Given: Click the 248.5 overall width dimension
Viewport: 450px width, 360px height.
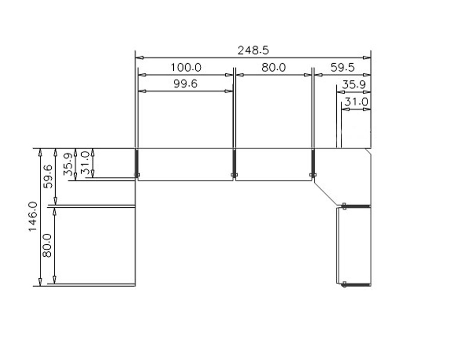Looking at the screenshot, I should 253,51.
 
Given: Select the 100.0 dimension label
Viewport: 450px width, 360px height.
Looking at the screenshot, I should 186,67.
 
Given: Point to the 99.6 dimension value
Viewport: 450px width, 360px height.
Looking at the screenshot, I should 186,84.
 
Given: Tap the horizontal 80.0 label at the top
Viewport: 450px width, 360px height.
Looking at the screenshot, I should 274,67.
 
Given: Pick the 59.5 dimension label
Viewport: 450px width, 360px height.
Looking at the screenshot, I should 342,67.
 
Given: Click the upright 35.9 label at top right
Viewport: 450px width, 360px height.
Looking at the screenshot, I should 354,85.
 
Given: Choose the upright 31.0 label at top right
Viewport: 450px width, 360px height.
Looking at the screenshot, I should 356,102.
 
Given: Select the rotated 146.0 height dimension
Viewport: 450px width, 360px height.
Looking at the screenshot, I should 33,217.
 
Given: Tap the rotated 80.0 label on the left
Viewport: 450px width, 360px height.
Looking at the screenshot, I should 47,245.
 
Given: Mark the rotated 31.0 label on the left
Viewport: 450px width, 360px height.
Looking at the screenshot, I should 85,163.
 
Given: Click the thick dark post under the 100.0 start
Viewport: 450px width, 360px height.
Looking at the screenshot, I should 136,162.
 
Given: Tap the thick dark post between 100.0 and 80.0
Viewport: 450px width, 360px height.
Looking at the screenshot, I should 234,162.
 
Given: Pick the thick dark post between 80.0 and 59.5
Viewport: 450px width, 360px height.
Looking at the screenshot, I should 312,162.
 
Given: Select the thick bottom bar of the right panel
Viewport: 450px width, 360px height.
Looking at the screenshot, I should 357,284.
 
